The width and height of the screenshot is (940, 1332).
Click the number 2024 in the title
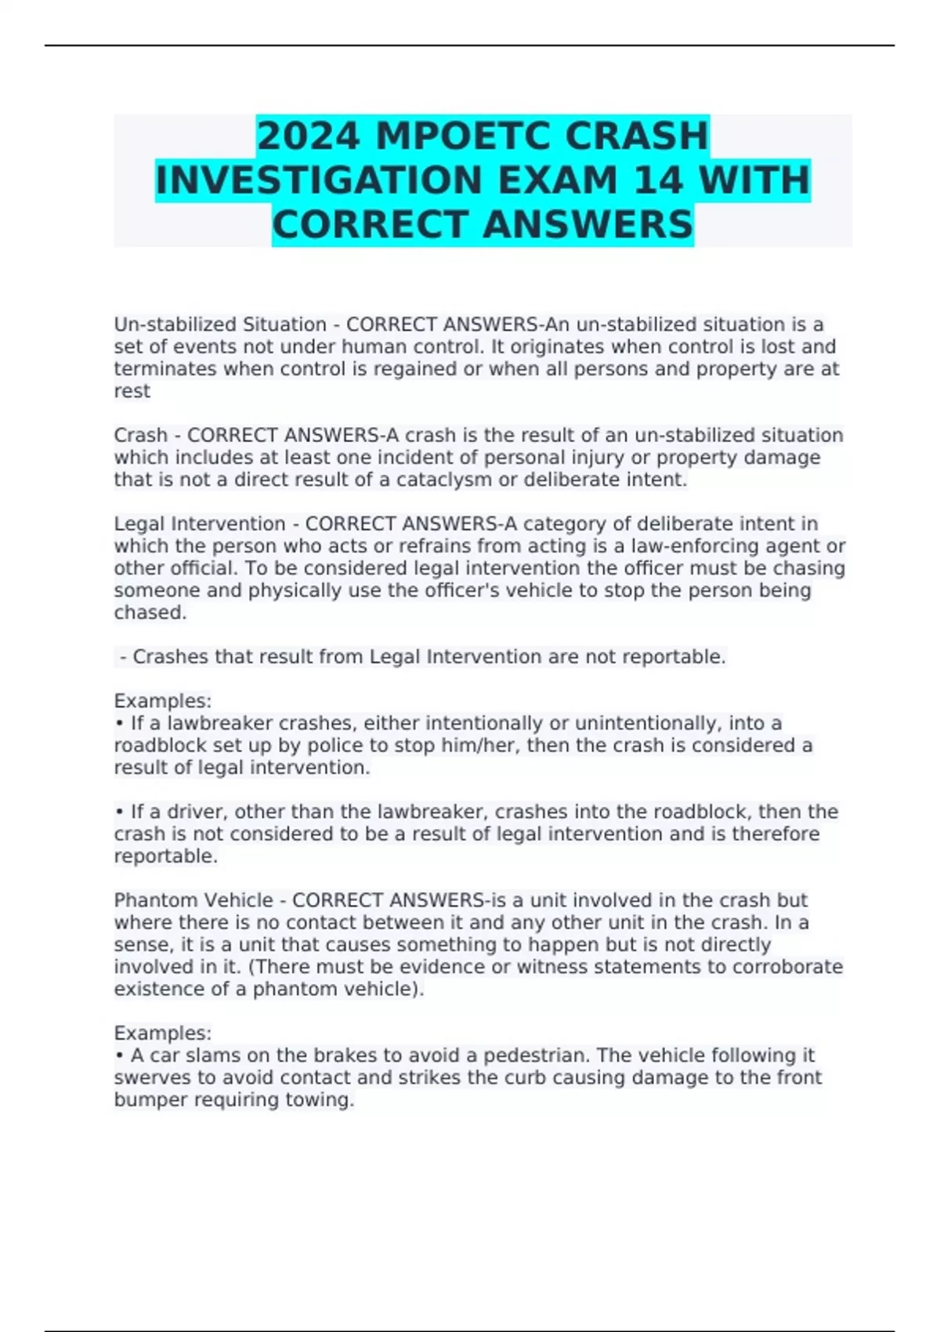pos(309,136)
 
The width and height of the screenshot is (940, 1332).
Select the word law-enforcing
pos(659,546)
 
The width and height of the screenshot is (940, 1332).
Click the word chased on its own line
pos(148,613)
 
